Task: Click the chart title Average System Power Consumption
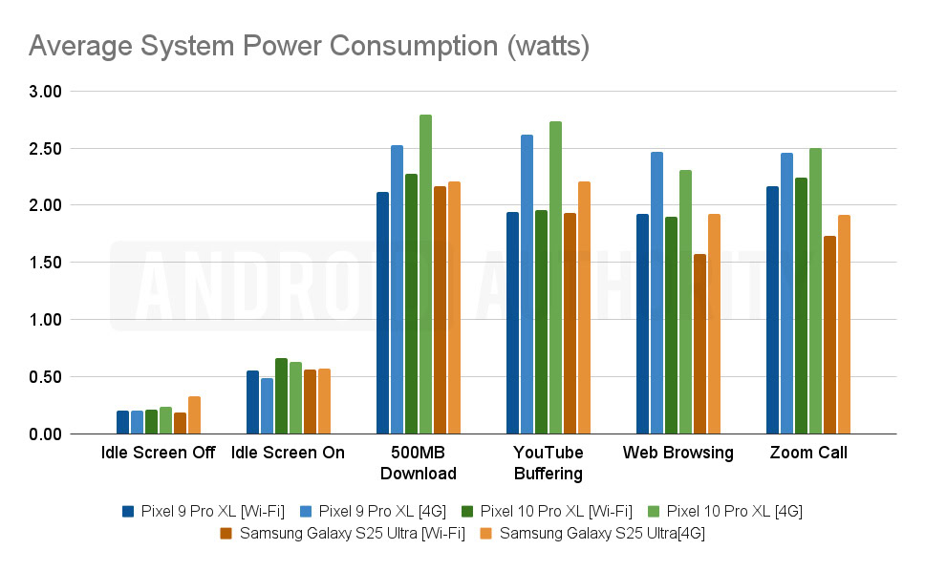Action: [309, 45]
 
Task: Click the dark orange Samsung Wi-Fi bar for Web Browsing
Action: [700, 344]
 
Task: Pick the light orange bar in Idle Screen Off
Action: [194, 415]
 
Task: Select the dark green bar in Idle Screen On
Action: [281, 396]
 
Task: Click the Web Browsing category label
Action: [678, 453]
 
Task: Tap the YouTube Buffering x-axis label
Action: [548, 462]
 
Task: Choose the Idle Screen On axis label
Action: [288, 453]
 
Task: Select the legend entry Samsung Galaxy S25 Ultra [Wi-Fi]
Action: [350, 534]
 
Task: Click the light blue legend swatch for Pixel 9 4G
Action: [305, 512]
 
